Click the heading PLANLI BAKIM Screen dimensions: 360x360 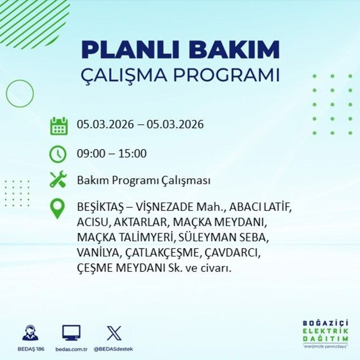tap(180, 49)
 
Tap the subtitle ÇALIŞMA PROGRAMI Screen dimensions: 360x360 tap(180, 75)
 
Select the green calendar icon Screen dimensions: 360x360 tap(58, 125)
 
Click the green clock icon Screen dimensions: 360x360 tap(58, 153)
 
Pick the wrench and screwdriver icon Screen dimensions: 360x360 tap(58, 180)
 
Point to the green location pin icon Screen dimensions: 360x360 tap(58, 208)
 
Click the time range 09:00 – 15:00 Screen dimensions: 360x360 tap(111, 154)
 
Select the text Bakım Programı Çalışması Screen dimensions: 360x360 tap(143, 181)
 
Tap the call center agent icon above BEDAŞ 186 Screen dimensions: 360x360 tap(31, 333)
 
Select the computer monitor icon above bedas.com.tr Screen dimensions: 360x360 tap(71, 333)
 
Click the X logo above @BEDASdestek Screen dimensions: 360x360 tap(114, 333)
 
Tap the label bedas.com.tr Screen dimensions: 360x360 tap(71, 349)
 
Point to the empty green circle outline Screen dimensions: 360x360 tap(20, 94)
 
